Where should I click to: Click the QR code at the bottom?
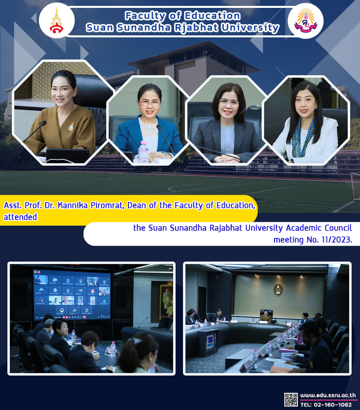tap(291, 400)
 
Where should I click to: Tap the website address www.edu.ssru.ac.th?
tap(328, 395)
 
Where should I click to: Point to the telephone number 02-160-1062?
tap(333, 405)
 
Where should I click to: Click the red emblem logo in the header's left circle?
tap(57, 21)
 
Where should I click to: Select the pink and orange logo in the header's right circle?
tap(305, 20)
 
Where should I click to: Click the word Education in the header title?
tap(212, 16)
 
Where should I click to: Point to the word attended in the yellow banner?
tap(20, 217)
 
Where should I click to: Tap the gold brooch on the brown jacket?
tap(71, 127)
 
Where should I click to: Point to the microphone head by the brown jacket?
tap(43, 122)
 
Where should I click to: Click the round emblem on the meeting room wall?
tap(278, 289)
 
